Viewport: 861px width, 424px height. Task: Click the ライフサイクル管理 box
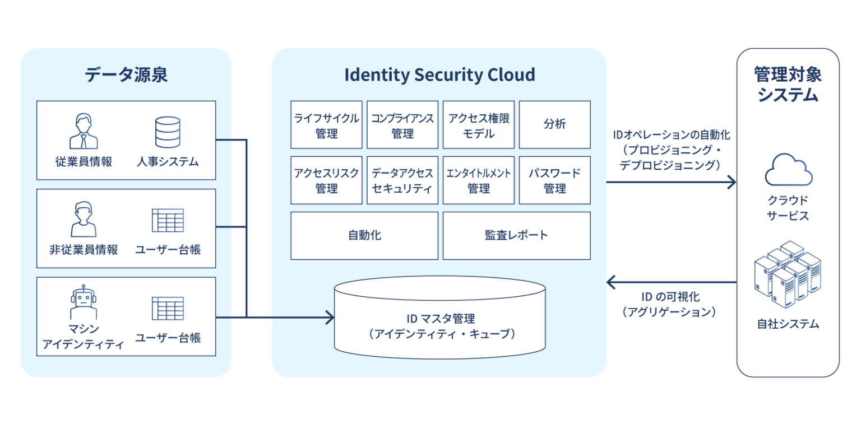point(326,124)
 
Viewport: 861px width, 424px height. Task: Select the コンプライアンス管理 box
point(402,124)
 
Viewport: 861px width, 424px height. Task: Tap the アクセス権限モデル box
point(479,124)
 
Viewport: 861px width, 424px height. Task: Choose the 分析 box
point(554,124)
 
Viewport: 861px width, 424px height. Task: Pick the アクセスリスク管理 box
point(326,180)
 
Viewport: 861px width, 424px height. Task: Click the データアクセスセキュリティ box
point(402,180)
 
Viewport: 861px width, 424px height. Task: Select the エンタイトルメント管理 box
point(479,180)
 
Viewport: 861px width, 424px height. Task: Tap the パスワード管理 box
point(554,180)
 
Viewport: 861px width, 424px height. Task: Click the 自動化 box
point(364,235)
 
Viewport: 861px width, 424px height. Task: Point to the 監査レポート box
point(516,235)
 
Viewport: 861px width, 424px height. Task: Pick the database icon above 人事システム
point(168,132)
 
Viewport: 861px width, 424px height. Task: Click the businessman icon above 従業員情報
point(84,132)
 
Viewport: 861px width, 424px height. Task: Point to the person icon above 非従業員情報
point(84,220)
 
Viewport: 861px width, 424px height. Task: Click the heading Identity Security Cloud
point(439,74)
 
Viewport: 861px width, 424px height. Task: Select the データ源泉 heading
point(126,74)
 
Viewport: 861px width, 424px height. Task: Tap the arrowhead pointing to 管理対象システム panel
point(731,182)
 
